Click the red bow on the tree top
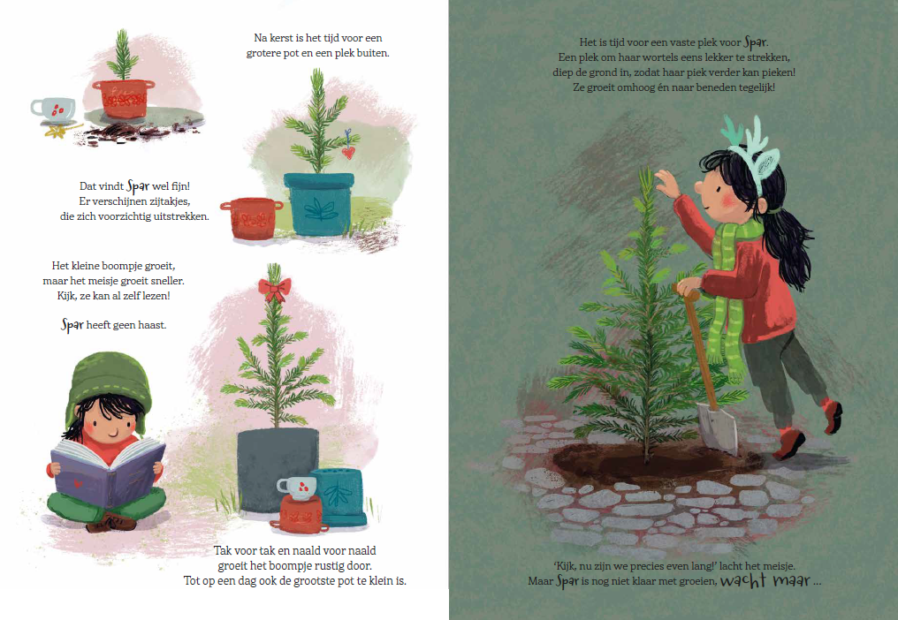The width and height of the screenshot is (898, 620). (274, 289)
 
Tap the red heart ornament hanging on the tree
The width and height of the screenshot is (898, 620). (347, 152)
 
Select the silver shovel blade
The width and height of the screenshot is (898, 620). (717, 427)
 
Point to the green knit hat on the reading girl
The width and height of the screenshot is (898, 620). (109, 383)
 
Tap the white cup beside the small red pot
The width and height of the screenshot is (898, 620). (54, 110)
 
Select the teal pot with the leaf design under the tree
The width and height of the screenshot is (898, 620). (319, 204)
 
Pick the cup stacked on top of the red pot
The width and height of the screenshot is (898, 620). (297, 488)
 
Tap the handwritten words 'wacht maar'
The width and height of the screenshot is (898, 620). (765, 580)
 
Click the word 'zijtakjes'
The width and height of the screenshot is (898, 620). (170, 201)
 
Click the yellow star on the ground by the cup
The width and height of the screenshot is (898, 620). (57, 132)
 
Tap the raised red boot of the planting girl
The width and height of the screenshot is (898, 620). (832, 415)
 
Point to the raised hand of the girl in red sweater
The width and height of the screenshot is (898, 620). (666, 183)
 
